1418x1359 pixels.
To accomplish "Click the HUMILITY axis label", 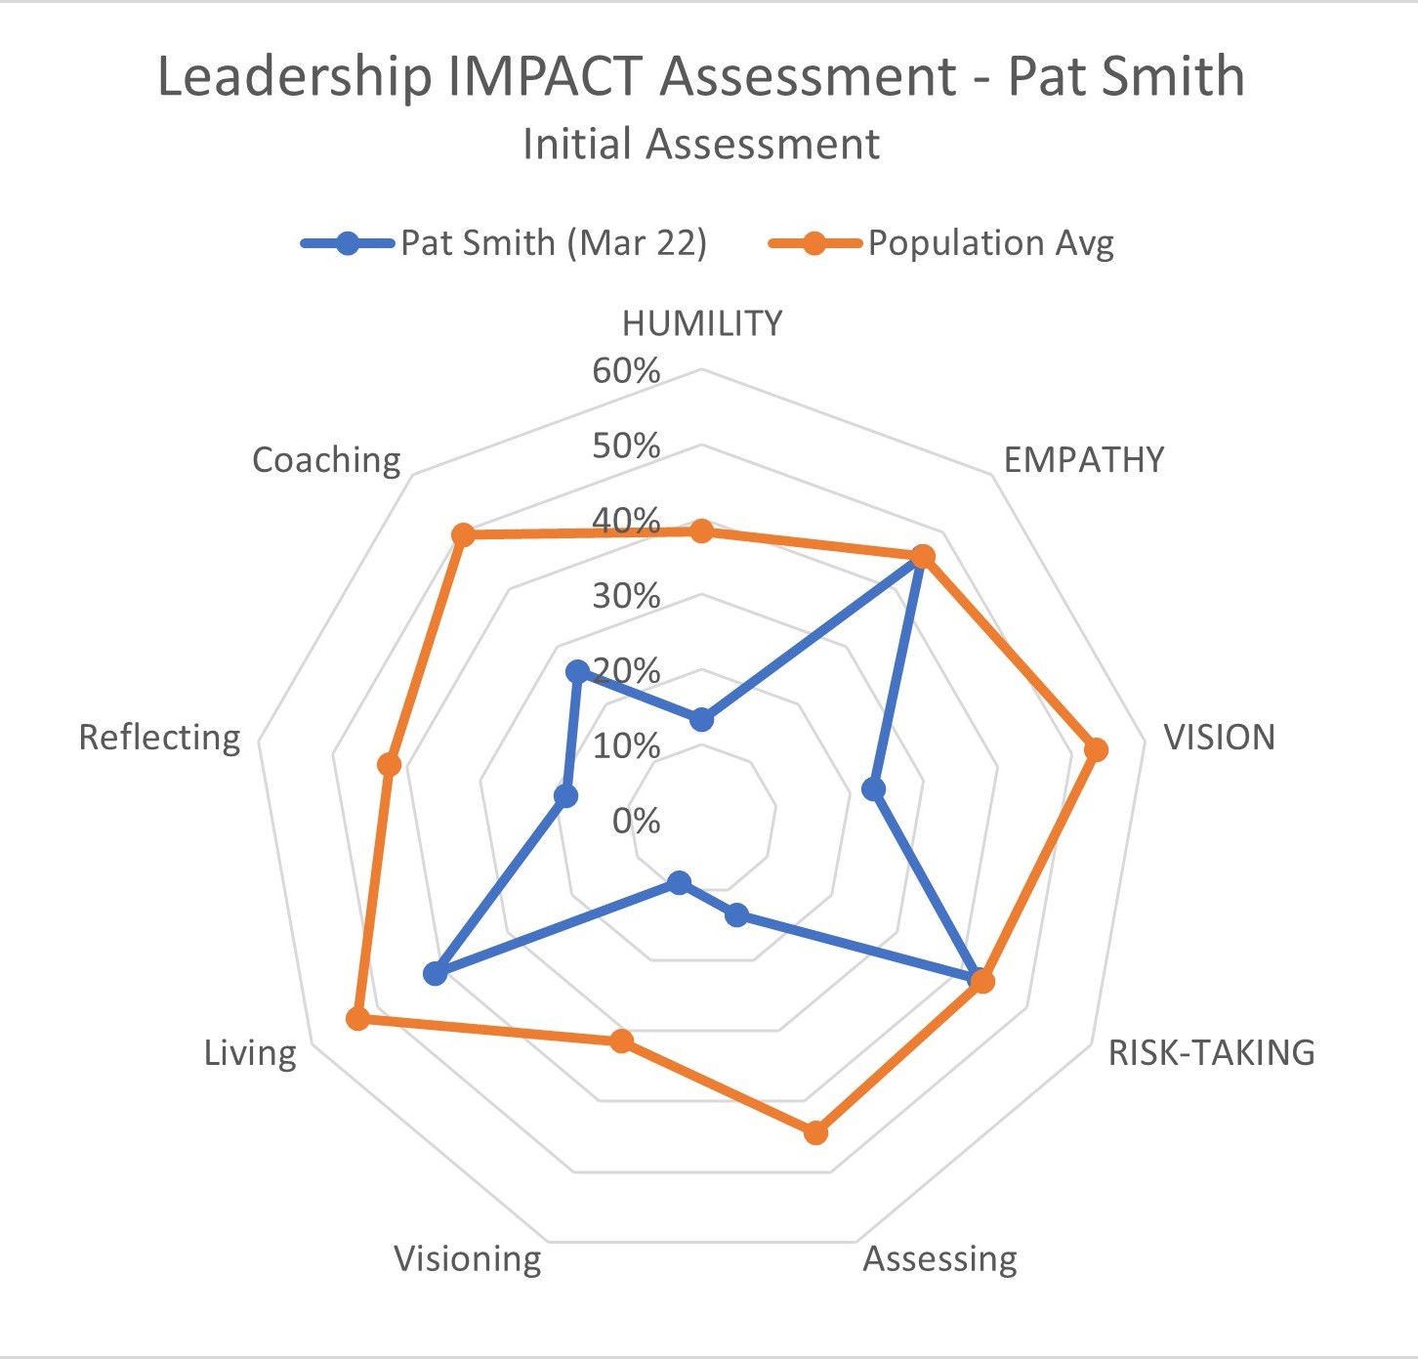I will (x=702, y=323).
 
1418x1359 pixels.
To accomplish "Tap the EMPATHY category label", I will (x=1084, y=459).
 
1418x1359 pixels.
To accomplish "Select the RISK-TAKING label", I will (x=1211, y=1052).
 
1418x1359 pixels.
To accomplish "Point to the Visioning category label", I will (x=468, y=1258).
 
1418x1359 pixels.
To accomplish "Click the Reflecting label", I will (x=159, y=737).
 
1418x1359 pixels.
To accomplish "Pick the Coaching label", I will (x=326, y=459).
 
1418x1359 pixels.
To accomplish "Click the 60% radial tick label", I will (x=626, y=371).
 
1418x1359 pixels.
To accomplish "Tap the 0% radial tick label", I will (x=636, y=821).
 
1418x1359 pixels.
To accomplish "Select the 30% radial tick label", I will (x=626, y=596).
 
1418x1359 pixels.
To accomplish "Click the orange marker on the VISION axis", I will (x=1096, y=750).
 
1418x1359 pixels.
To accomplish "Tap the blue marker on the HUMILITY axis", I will (x=701, y=720).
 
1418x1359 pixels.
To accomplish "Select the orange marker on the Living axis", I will (x=357, y=1019).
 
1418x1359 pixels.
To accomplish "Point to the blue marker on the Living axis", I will (x=435, y=974).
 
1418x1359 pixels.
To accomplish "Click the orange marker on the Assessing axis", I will (x=815, y=1133).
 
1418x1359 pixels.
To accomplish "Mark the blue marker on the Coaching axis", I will (x=577, y=672).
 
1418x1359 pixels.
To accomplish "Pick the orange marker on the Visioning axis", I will (x=621, y=1041).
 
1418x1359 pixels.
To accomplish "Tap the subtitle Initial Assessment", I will (x=701, y=144).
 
